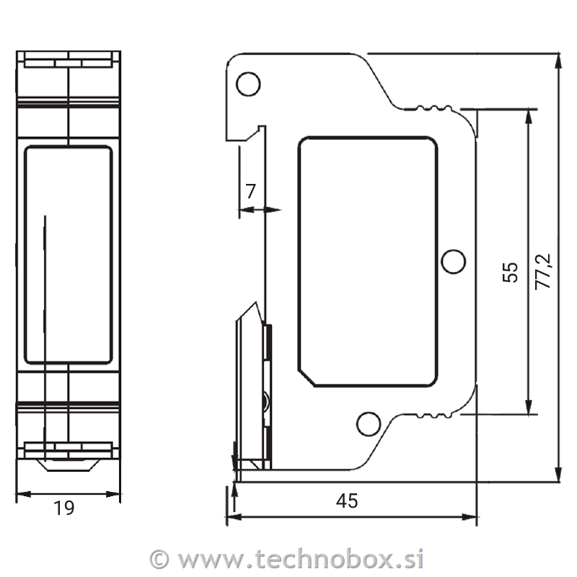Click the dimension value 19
pyautogui.click(x=64, y=508)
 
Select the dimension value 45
pyautogui.click(x=347, y=501)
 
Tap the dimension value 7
pyautogui.click(x=250, y=191)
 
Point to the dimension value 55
pyautogui.click(x=511, y=273)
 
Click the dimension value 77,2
pyautogui.click(x=543, y=272)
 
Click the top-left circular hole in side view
pyautogui.click(x=248, y=84)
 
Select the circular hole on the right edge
pyautogui.click(x=454, y=261)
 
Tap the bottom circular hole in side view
pyautogui.click(x=369, y=424)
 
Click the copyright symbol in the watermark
pyautogui.click(x=159, y=560)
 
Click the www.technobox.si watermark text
pyautogui.click(x=300, y=560)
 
